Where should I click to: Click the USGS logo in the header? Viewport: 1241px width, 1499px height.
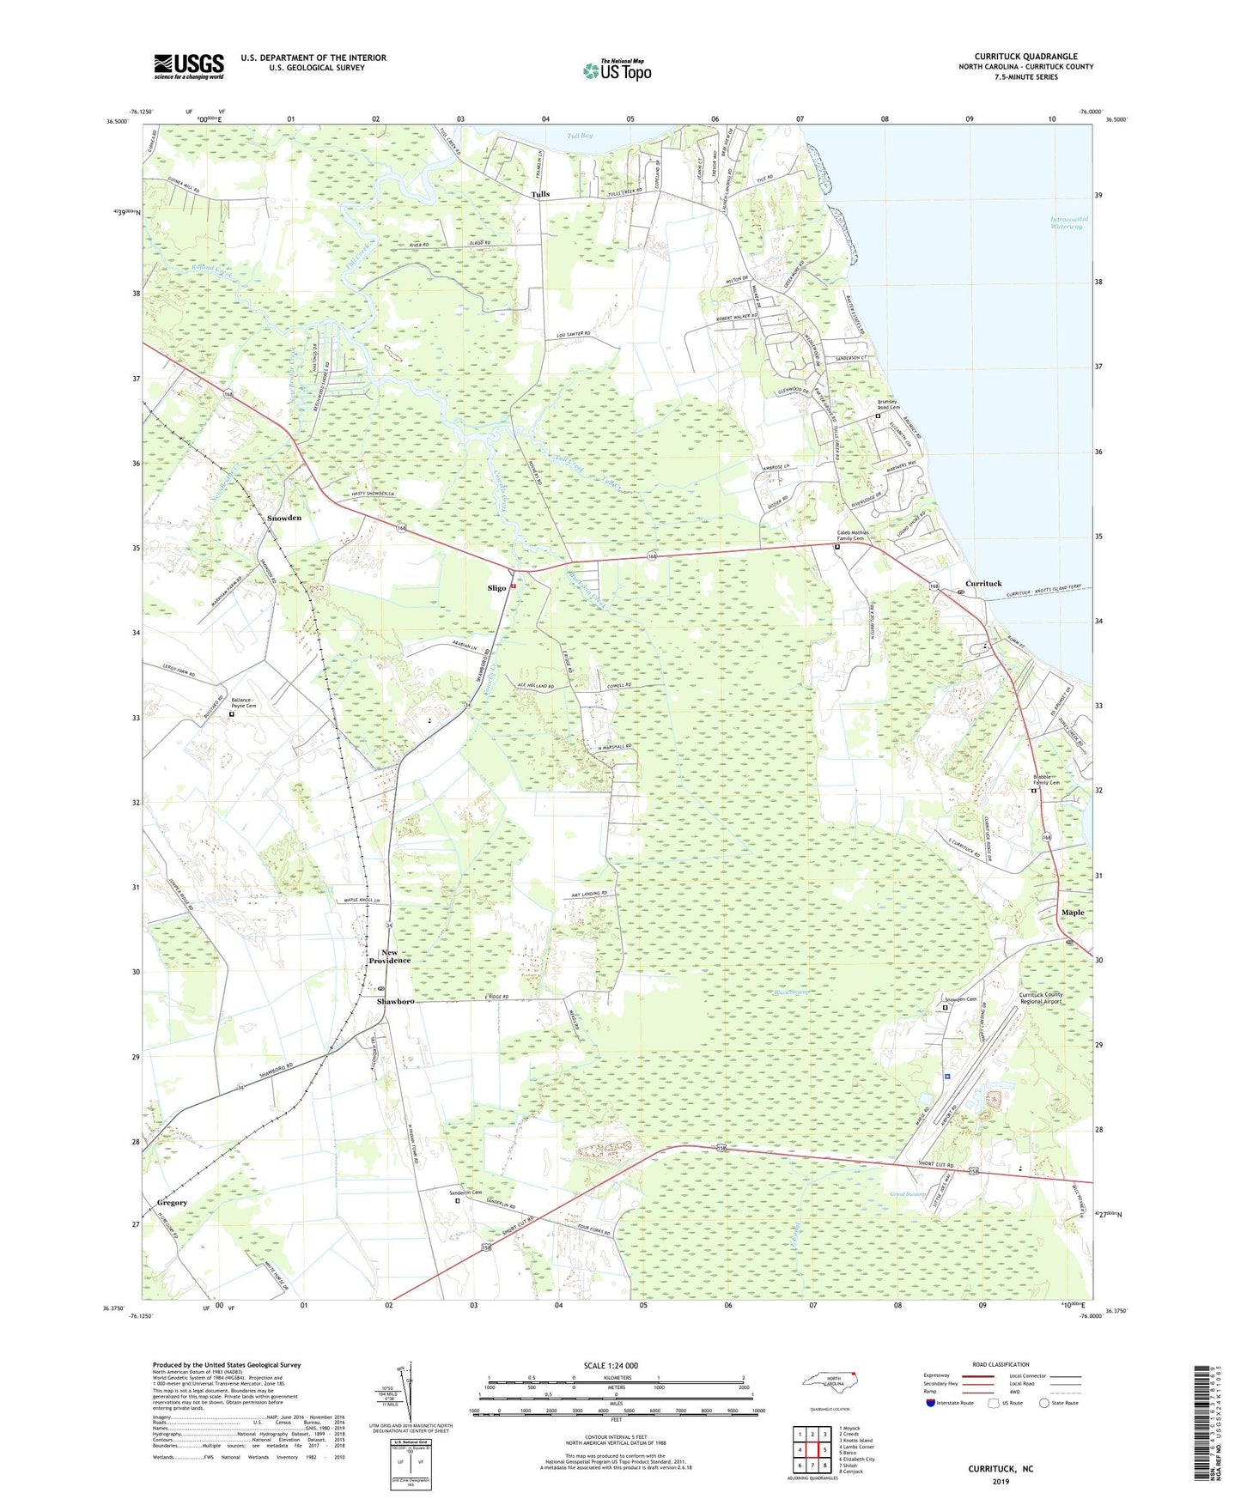tap(189, 66)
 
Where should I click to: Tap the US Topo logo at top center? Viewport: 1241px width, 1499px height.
tap(616, 70)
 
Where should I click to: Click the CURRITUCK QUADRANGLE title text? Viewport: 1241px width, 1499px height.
tap(1025, 57)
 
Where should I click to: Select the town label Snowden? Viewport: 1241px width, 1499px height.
tap(284, 518)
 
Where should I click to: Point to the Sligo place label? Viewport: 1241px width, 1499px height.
tap(496, 588)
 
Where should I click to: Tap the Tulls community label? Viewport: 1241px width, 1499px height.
tap(540, 194)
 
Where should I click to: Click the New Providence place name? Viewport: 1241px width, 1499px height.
tap(390, 956)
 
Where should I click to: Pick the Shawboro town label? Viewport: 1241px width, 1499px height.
tap(395, 1001)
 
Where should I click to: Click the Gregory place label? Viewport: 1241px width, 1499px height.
tap(172, 1203)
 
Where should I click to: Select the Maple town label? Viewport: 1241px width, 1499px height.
tap(1073, 913)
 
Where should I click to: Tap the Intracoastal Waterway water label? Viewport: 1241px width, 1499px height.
tap(1069, 222)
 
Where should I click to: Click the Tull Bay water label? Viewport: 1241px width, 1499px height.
tap(580, 136)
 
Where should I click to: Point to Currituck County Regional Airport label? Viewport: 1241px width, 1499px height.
tap(1041, 998)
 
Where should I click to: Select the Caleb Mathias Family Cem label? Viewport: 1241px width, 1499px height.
tap(853, 536)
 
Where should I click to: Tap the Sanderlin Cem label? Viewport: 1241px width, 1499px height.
tap(466, 1193)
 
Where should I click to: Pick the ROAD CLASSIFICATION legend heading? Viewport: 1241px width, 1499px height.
tap(1000, 1364)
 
